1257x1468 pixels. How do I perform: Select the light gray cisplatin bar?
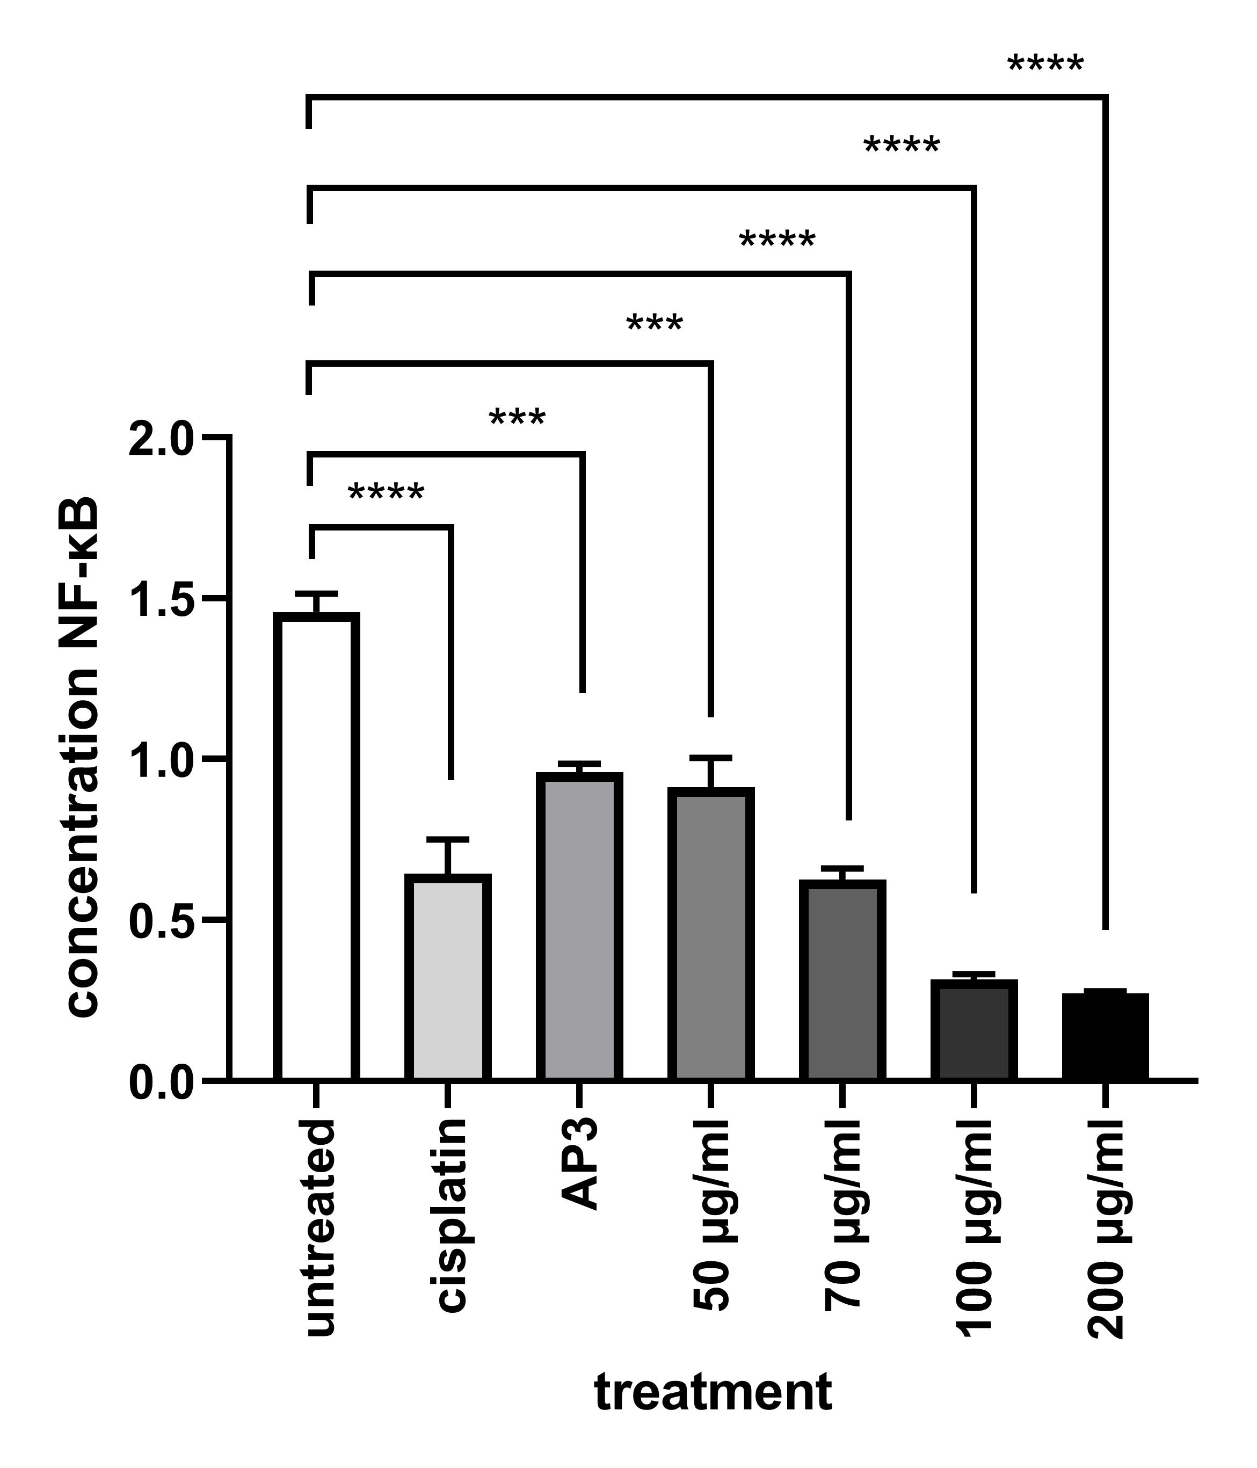pos(448,978)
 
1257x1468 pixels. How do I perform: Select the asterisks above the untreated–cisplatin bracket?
pos(386,493)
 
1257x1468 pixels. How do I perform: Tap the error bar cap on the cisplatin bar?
pos(448,840)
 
